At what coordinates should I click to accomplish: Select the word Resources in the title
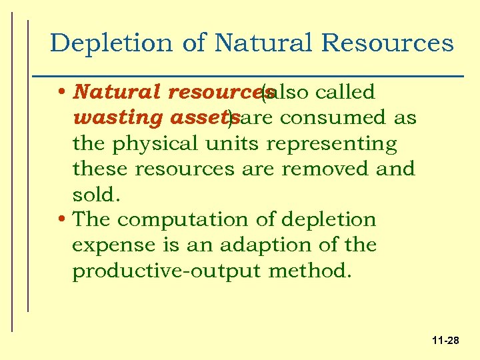coord(387,44)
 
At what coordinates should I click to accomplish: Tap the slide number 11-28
coord(445,341)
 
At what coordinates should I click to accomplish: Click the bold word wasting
coord(108,119)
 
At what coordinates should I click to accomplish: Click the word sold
coord(95,194)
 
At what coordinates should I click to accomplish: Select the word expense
coord(109,246)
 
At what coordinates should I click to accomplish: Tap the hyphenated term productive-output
coord(167,271)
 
